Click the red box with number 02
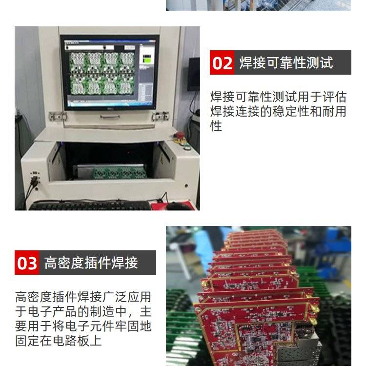coord(222,62)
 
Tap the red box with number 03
coord(27,263)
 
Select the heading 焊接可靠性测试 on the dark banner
coord(286,62)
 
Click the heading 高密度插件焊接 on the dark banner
coord(91,263)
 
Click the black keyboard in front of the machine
coord(90,206)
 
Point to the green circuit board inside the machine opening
coord(120,173)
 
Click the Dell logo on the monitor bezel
coord(110,108)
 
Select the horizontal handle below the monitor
coord(110,117)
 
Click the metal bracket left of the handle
coord(58,116)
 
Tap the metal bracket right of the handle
coord(160,116)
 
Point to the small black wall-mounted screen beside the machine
coord(194,74)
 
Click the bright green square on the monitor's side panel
coord(147,61)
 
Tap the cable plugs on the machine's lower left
coord(35,179)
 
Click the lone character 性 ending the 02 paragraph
coord(216,126)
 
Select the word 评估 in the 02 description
coord(334,97)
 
